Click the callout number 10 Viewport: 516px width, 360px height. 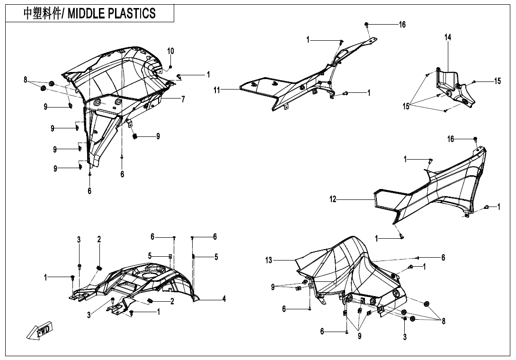(x=170, y=51)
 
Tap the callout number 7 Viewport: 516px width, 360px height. (x=183, y=99)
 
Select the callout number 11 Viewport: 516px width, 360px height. (x=216, y=90)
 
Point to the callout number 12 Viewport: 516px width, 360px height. (x=333, y=199)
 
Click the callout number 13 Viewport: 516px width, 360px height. (x=269, y=260)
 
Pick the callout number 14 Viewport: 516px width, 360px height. (x=447, y=37)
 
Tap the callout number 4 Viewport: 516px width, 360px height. (x=224, y=299)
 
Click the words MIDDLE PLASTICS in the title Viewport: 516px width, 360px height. (x=112, y=14)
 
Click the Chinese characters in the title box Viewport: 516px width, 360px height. (x=42, y=14)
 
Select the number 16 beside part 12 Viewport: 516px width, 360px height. (x=451, y=139)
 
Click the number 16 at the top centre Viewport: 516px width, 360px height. (x=402, y=24)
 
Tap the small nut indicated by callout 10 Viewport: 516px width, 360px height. (x=170, y=67)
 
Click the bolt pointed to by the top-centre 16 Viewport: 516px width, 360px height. (x=366, y=24)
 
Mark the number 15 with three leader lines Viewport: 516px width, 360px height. (x=406, y=107)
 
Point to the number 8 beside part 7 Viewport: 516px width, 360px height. (x=26, y=80)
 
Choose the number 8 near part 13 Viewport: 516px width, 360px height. (x=443, y=321)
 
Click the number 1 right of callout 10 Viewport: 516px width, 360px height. (x=208, y=75)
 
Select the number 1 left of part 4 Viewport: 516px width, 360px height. (x=46, y=278)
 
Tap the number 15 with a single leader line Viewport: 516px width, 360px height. (x=497, y=81)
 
